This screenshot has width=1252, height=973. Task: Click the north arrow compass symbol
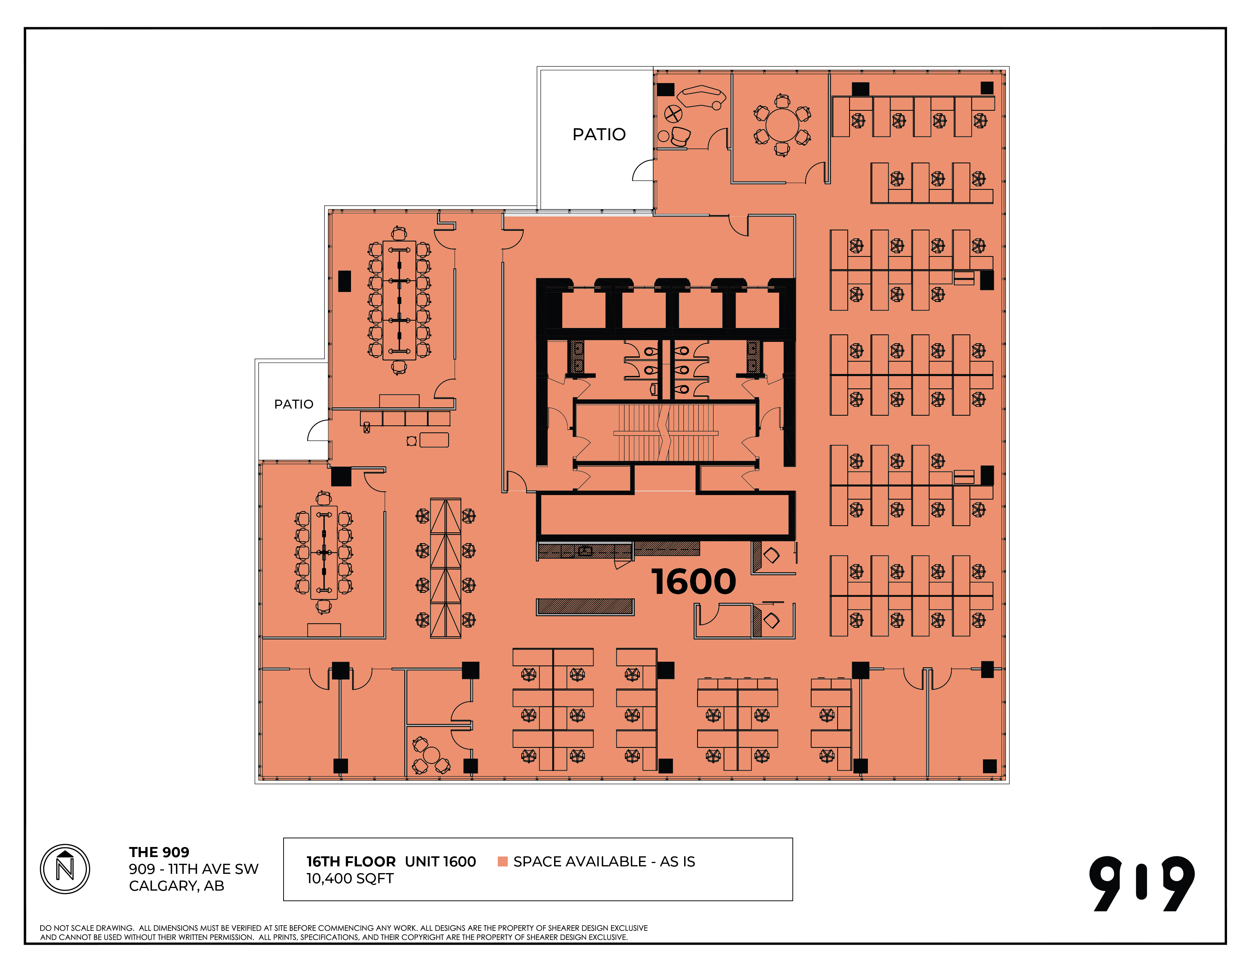pos(65,869)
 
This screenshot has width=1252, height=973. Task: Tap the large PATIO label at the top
pos(599,134)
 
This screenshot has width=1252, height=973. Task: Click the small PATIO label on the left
pos(294,404)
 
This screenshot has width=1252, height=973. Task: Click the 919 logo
pos(1142,884)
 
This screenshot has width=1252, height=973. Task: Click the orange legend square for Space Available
pos(503,861)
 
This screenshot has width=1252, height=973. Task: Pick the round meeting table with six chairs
pos(782,125)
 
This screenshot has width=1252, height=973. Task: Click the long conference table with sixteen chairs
pos(399,300)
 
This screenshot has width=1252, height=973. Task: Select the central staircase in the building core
pos(665,432)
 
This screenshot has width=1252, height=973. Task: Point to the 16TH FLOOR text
pos(351,861)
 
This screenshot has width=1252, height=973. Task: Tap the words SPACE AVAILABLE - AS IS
pos(604,861)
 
